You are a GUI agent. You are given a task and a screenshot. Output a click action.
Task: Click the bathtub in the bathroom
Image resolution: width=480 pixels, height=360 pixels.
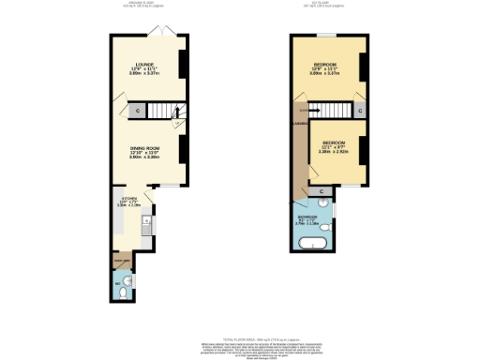(311, 245)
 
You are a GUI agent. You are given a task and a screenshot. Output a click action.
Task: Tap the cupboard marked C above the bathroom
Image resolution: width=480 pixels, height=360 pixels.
(322, 192)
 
